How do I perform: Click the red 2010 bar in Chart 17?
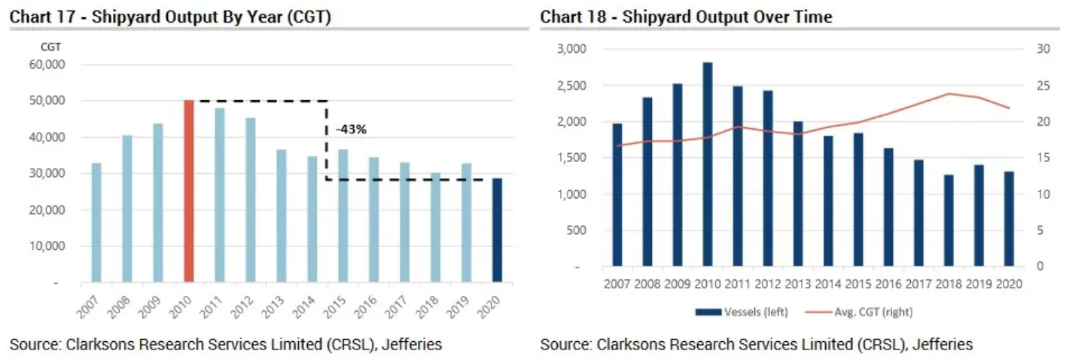pyautogui.click(x=189, y=191)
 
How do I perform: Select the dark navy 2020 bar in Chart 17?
pyautogui.click(x=497, y=230)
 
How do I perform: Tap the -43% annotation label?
pyautogui.click(x=352, y=130)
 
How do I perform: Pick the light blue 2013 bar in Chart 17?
pyautogui.click(x=281, y=216)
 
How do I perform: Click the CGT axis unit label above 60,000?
pyautogui.click(x=50, y=47)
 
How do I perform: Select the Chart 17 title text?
pyautogui.click(x=170, y=17)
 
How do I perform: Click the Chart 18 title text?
pyautogui.click(x=686, y=17)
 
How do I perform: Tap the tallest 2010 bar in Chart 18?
pyautogui.click(x=708, y=164)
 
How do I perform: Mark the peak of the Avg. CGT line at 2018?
pyautogui.click(x=949, y=93)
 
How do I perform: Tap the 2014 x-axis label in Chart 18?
pyautogui.click(x=828, y=284)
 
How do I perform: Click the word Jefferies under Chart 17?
pyautogui.click(x=412, y=344)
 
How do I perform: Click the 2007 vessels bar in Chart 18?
pyautogui.click(x=617, y=195)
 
